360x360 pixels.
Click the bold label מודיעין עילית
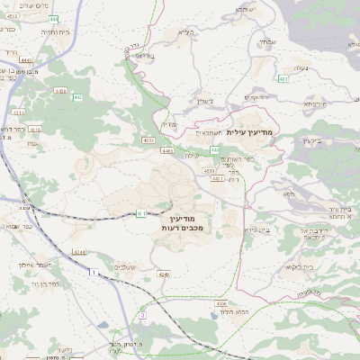point(256,132)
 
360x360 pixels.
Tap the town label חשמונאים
point(205,131)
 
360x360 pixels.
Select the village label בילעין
point(311,141)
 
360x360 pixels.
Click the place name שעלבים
point(125,266)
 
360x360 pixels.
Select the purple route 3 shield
point(142,315)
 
